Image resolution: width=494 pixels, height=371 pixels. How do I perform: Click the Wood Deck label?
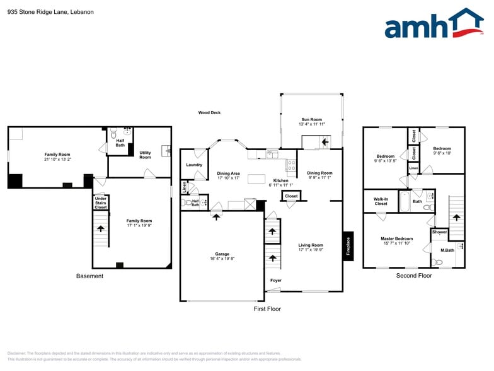coord(209,113)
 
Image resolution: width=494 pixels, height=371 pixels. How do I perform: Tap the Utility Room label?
coord(145,155)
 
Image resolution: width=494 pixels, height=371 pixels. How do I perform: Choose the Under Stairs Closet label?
coord(101,203)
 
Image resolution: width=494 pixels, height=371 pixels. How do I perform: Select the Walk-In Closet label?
coord(381,201)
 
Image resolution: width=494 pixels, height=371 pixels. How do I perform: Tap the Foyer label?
coord(276,280)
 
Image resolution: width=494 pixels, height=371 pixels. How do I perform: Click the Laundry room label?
coord(194,165)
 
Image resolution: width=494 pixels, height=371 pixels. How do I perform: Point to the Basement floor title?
coord(89,276)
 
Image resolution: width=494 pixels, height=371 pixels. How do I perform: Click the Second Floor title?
coord(414,276)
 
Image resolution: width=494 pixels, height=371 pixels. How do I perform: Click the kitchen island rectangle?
coord(256,179)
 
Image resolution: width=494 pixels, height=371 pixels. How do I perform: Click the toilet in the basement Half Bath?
coord(113,134)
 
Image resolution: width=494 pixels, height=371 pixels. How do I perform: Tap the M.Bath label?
coord(447,250)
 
